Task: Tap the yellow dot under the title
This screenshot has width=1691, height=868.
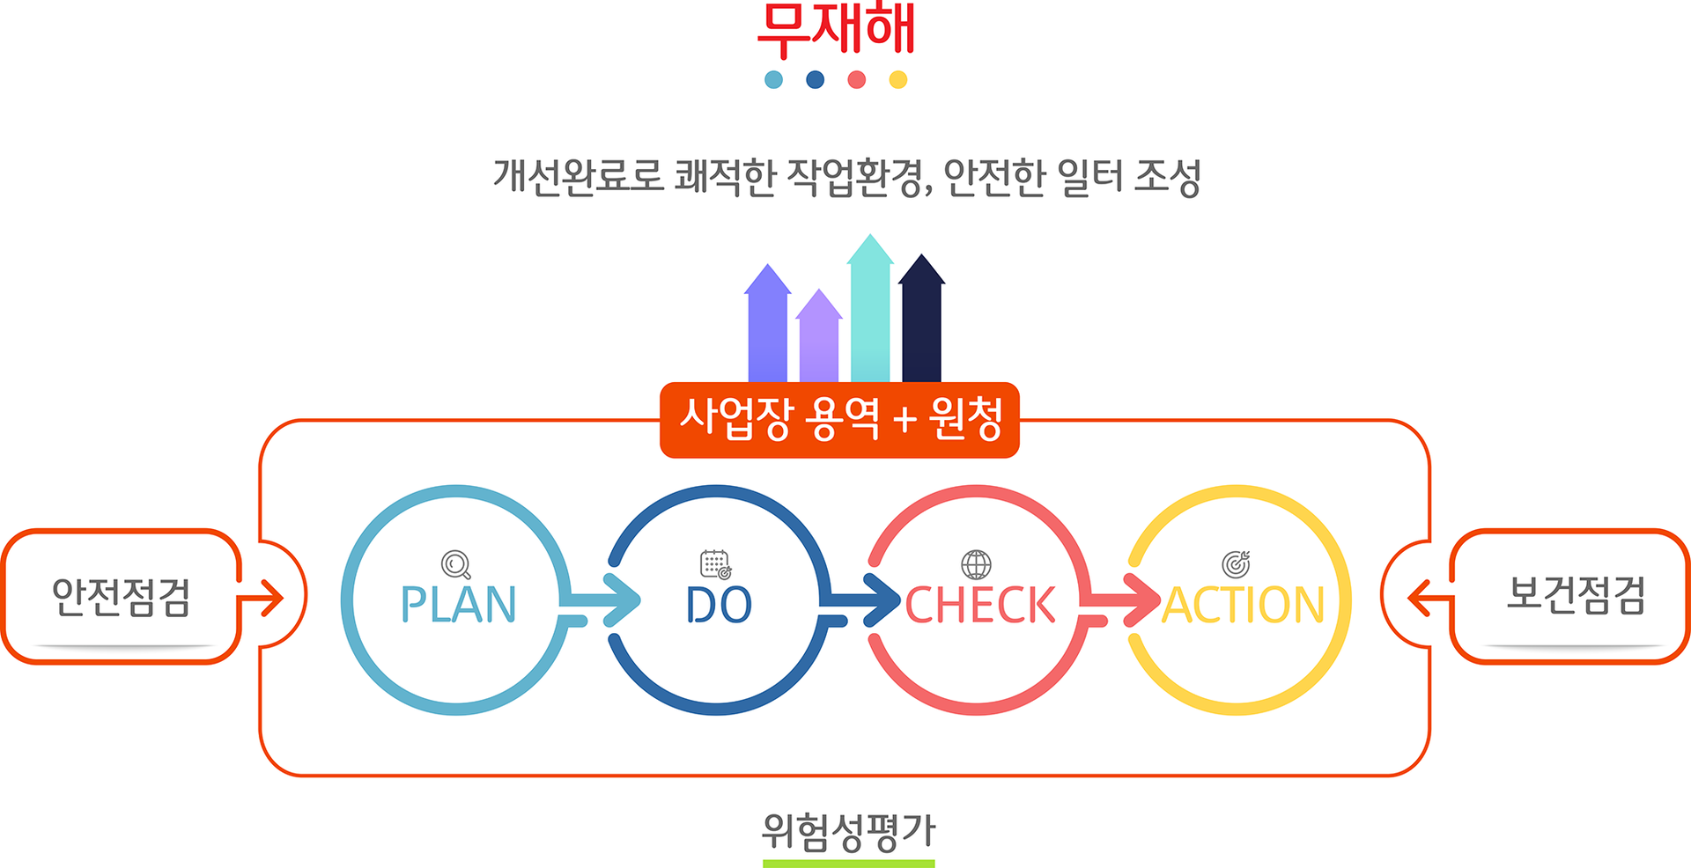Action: [x=897, y=80]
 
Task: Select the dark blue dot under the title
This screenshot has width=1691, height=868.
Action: [x=815, y=80]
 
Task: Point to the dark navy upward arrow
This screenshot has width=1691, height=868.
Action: [x=921, y=318]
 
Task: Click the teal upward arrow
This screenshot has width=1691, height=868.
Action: [x=870, y=308]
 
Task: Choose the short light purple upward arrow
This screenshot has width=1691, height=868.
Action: [x=819, y=335]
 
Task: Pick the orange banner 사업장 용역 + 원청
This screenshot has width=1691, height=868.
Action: [x=839, y=420]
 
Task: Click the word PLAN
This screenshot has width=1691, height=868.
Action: [x=458, y=605]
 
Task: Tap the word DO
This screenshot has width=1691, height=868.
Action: [x=719, y=605]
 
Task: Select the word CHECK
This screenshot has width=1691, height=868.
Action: [x=980, y=605]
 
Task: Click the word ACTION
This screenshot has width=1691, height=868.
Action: [x=1243, y=605]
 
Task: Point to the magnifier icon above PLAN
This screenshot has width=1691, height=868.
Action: [x=456, y=564]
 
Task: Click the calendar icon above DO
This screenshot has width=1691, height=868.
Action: [x=716, y=564]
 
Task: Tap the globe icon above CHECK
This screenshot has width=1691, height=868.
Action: [x=976, y=564]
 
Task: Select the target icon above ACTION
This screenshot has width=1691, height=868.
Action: [x=1237, y=563]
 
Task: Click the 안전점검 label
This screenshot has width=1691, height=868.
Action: [x=121, y=597]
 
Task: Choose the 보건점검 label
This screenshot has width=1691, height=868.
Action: [x=1576, y=594]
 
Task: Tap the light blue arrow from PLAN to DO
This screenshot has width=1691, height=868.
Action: [x=599, y=601]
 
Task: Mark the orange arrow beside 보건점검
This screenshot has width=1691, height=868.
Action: [x=1429, y=599]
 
